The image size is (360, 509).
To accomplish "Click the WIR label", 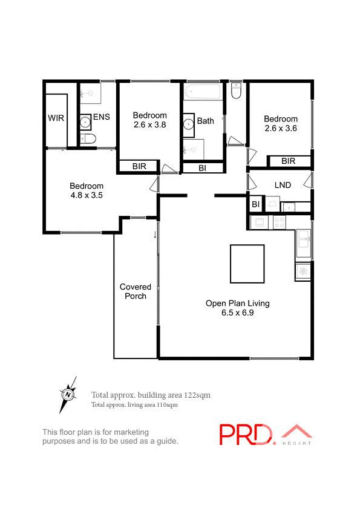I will coord(56,117).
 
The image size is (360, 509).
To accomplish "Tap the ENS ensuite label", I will coord(102,117).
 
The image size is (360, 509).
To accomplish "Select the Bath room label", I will coord(205,121).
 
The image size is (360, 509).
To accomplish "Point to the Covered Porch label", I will coord(135,291).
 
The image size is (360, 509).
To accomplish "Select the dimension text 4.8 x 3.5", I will coord(87,195).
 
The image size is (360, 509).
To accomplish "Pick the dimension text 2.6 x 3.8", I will coord(149,125).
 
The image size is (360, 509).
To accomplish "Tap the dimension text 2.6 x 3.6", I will coord(281,128).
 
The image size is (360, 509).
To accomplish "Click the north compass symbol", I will coord(69,394).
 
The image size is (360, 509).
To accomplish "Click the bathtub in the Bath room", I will coord(204,93).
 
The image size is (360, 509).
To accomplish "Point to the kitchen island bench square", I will coord(247,264).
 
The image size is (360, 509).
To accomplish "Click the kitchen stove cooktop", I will coord(280,222).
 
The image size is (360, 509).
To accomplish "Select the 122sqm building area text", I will coord(197,395).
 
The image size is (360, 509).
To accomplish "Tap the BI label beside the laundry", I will coord(256,205).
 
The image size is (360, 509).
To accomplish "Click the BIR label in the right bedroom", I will coord(288,161).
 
